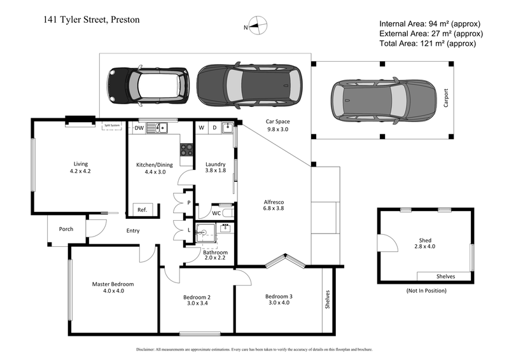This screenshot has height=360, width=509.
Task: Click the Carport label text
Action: point(446,100)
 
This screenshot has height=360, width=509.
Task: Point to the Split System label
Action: point(113,126)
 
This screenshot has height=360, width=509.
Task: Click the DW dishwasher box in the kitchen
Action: point(139,128)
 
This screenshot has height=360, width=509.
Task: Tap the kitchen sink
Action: point(156,128)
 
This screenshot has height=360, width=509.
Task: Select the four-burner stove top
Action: point(187,149)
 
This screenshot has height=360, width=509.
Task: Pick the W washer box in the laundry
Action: point(202,128)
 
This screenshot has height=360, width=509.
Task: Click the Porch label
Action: point(66,229)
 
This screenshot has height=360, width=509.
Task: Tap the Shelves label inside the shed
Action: point(445,277)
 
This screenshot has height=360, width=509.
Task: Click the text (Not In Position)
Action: point(426,291)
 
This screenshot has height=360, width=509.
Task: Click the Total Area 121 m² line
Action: point(427,43)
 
